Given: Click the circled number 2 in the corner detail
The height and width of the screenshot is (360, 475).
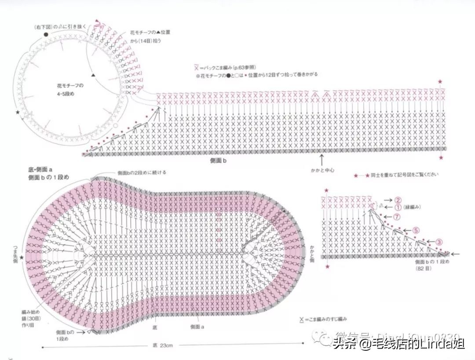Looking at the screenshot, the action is (398, 199).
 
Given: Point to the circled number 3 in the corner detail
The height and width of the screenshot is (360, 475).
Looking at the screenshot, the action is (439, 242).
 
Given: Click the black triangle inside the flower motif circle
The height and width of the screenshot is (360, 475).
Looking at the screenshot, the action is (93, 75).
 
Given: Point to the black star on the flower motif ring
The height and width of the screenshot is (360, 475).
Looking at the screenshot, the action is (18, 113).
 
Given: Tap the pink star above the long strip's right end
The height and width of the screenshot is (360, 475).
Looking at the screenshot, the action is (440, 82).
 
